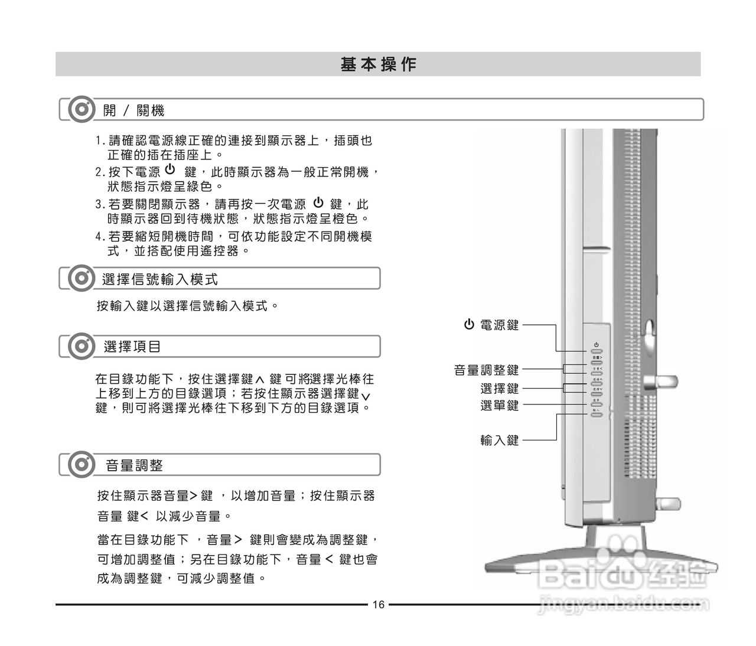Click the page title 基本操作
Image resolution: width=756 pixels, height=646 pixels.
click(378, 64)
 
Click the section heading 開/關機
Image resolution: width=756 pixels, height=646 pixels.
click(133, 110)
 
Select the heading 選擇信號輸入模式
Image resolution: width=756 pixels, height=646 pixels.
click(160, 279)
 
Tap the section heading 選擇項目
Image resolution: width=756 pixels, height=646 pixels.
click(132, 347)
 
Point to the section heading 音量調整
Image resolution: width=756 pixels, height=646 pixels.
click(134, 465)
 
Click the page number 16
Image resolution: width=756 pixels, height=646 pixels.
click(378, 605)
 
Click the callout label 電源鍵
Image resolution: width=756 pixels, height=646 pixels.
click(499, 325)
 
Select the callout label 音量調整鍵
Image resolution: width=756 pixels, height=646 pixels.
click(486, 370)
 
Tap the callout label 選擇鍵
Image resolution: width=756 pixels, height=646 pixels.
click(499, 389)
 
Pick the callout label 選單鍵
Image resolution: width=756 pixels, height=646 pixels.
click(499, 406)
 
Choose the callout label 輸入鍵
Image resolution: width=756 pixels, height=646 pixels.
click(499, 440)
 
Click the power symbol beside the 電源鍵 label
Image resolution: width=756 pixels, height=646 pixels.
click(469, 324)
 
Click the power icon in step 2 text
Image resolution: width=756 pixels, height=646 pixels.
click(170, 170)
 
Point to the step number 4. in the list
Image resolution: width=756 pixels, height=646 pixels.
click(100, 237)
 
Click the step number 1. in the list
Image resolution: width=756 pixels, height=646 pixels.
click(100, 141)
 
